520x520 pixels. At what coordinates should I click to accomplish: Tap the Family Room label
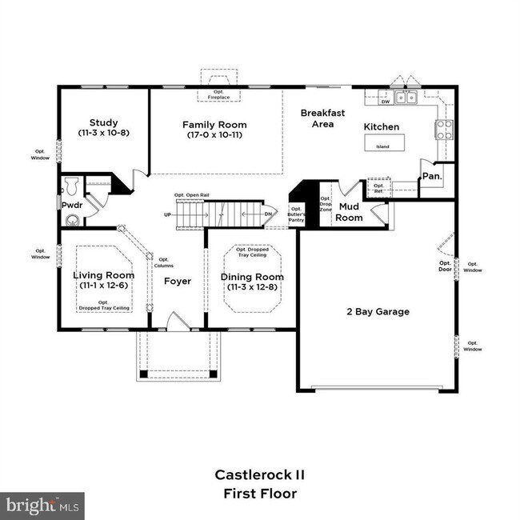tap(214, 130)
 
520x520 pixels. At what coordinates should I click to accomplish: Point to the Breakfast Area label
tap(322, 118)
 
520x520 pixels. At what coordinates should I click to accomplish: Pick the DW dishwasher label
tap(385, 102)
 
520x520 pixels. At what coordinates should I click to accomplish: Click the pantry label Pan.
tap(431, 175)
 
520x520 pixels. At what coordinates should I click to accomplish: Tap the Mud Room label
tap(349, 211)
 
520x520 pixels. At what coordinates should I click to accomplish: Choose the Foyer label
tap(177, 282)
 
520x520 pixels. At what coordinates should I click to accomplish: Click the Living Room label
tap(103, 280)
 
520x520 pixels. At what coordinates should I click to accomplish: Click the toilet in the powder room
tap(70, 186)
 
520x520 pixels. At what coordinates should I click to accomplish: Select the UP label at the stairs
tap(166, 215)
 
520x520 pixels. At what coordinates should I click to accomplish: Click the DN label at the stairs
tap(270, 214)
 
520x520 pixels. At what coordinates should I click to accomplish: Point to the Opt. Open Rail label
tap(192, 196)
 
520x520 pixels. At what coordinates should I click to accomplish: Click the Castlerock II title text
tap(259, 474)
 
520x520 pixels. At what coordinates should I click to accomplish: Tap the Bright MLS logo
tap(42, 506)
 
